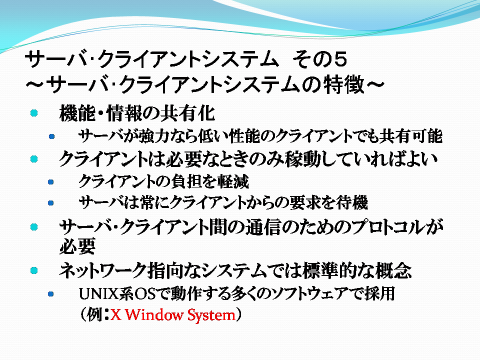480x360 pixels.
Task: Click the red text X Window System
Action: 173,314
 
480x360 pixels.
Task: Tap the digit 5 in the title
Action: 340,59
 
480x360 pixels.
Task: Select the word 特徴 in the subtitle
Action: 344,84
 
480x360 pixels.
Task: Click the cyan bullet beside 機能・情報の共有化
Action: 34,113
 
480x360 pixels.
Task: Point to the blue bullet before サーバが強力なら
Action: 51,136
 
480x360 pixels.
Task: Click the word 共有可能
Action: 411,136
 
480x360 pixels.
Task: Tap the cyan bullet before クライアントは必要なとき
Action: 34,159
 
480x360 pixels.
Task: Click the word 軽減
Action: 233,181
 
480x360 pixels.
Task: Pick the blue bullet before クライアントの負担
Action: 51,182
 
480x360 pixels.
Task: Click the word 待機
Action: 351,202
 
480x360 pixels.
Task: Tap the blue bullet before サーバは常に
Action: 51,203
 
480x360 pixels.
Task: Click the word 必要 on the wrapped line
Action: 77,246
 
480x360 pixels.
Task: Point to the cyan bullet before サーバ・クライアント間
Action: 34,227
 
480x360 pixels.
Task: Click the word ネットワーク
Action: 103,270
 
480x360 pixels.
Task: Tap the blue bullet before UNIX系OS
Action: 51,294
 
